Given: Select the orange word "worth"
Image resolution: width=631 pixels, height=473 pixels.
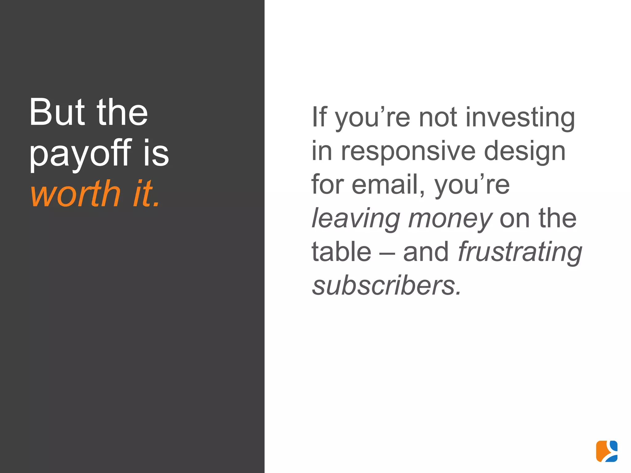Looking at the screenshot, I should coord(75,194).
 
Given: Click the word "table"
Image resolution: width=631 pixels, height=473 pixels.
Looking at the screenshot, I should coord(341,252).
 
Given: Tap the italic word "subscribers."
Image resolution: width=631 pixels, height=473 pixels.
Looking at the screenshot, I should coord(387,286).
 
